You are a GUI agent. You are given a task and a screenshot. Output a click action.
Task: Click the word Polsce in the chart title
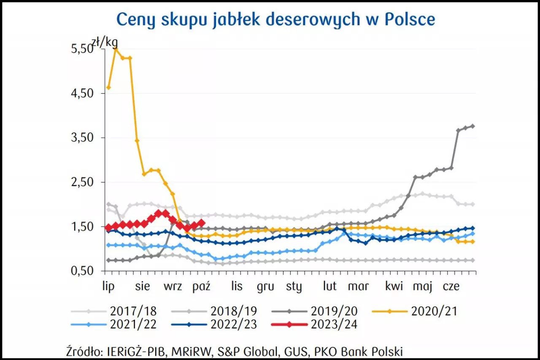(411, 19)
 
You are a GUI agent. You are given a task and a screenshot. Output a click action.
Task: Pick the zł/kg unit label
(105, 42)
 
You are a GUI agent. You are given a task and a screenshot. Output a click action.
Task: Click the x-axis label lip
(108, 286)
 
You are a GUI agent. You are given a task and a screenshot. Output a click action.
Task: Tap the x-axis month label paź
(201, 286)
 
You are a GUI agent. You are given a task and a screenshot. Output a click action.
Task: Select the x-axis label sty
(294, 287)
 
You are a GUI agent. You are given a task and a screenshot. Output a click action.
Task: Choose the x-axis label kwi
(394, 286)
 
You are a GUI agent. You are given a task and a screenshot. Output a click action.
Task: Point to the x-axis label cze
(451, 286)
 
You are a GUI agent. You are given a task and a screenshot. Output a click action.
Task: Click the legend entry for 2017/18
(133, 311)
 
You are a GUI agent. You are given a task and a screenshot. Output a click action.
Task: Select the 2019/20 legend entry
(334, 311)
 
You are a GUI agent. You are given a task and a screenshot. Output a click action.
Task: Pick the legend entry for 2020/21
(434, 311)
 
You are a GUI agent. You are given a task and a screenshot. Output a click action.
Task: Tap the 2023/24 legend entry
(334, 324)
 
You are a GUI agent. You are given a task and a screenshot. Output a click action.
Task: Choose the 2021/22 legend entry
(133, 324)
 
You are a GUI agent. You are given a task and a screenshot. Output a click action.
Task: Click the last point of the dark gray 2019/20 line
(472, 126)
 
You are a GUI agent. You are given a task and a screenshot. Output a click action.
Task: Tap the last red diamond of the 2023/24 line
(201, 223)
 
